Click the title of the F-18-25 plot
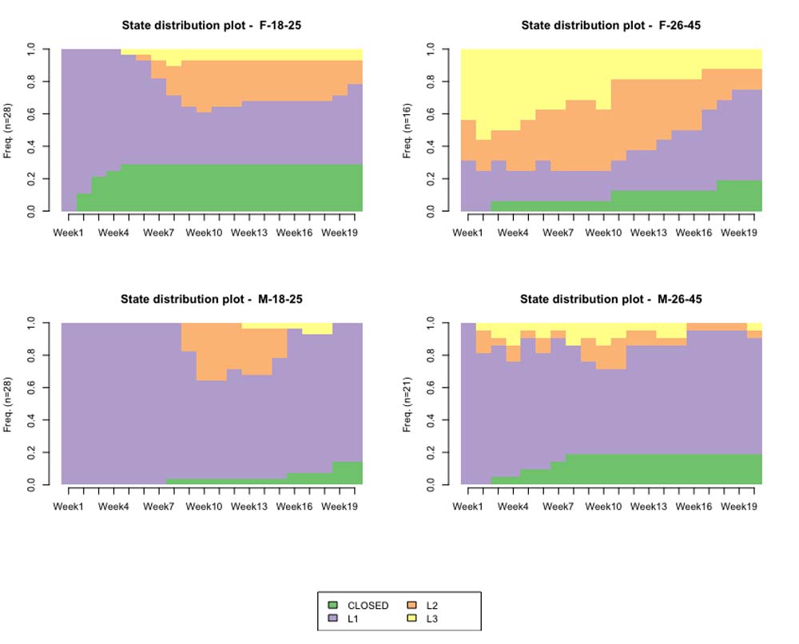click(x=211, y=26)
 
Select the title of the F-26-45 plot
click(x=610, y=26)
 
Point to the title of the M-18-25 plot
click(x=211, y=300)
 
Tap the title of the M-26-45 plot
click(x=610, y=300)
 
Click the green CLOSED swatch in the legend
click(x=333, y=605)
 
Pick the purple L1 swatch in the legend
click(x=333, y=618)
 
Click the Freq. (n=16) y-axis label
click(x=407, y=130)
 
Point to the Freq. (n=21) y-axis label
click(x=407, y=404)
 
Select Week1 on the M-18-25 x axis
click(x=69, y=506)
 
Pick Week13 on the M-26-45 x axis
click(x=649, y=506)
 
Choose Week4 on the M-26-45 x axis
click(x=513, y=506)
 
